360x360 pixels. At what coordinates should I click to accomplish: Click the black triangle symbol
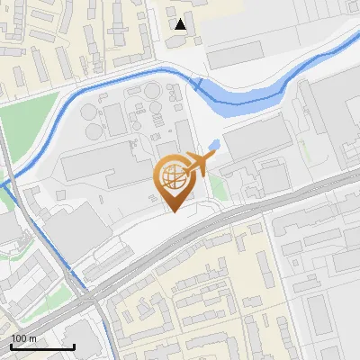pos(182,24)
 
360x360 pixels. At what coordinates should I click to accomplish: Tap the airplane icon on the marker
pos(200,163)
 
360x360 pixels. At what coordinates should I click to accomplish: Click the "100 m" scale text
pos(23,337)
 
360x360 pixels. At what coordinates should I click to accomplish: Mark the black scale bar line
pos(41,346)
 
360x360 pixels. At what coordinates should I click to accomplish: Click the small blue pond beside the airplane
pos(213,145)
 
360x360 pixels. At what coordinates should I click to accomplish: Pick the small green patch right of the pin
pos(220,189)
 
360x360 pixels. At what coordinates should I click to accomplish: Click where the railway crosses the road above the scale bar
pos(90,301)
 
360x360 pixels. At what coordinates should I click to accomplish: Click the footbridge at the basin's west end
pos(196,83)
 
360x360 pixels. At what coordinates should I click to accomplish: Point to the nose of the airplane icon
pos(214,157)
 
